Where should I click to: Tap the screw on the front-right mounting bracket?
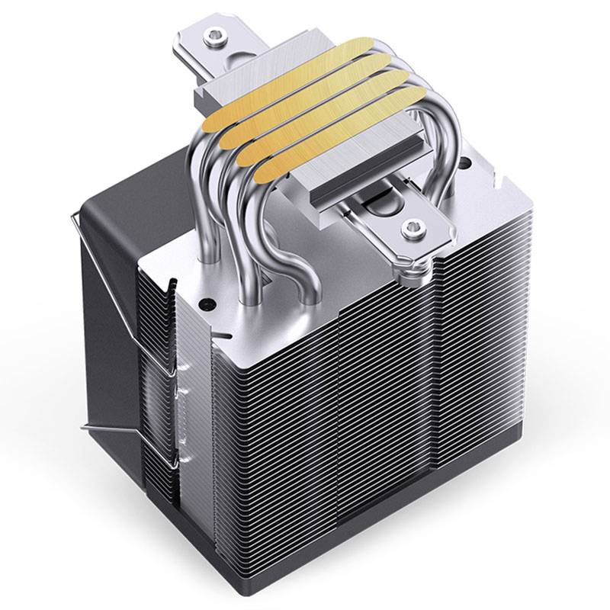coord(412,226)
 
